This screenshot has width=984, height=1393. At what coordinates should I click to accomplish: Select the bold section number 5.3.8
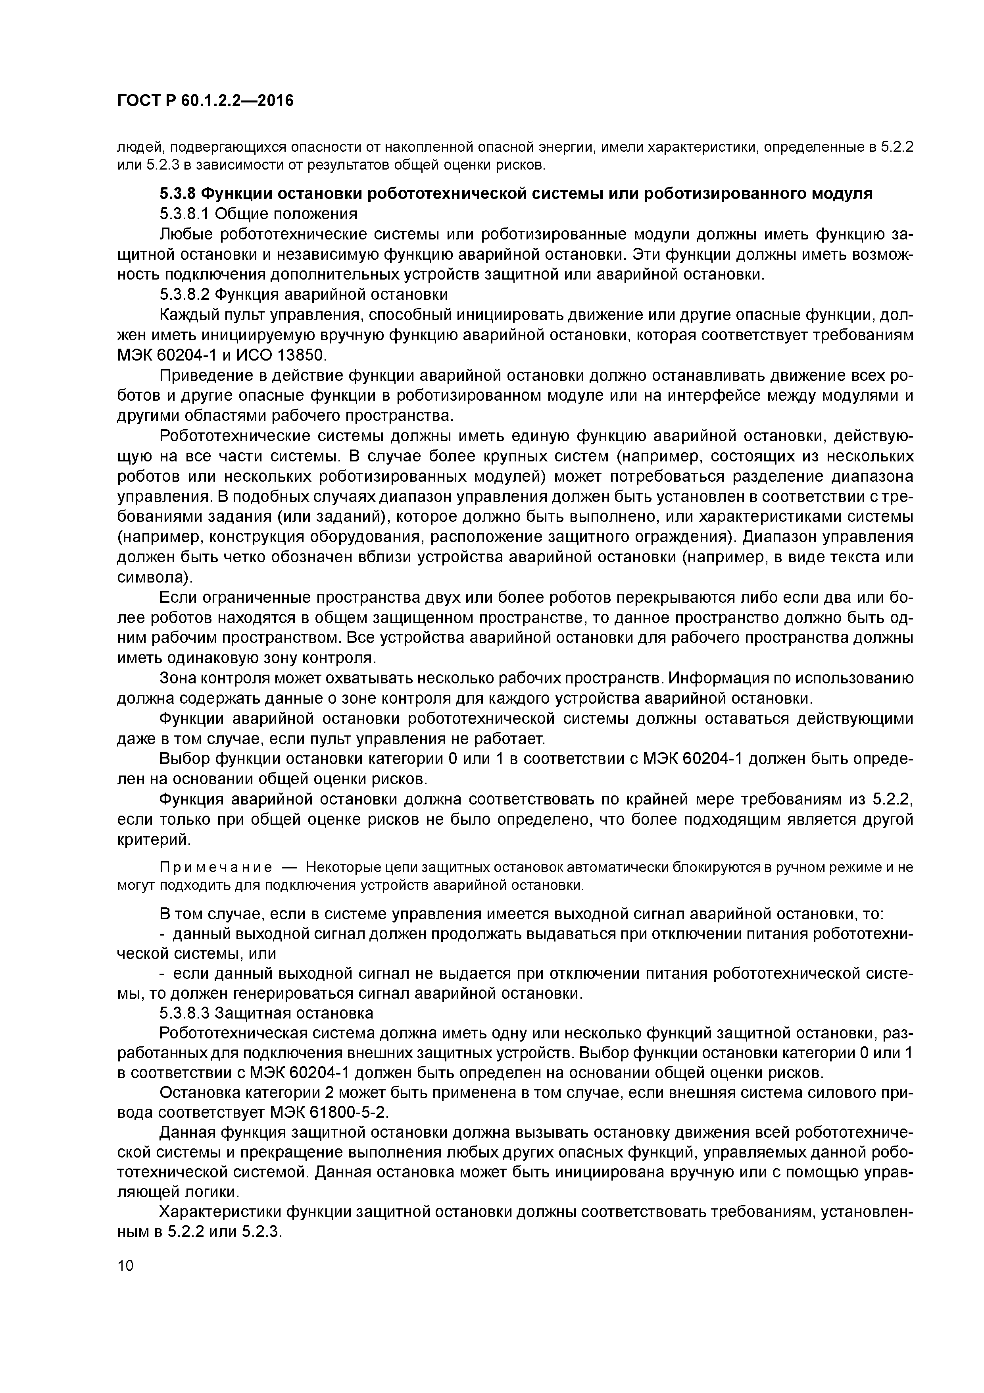177,194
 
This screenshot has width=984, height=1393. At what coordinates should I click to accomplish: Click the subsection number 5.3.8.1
184,214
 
